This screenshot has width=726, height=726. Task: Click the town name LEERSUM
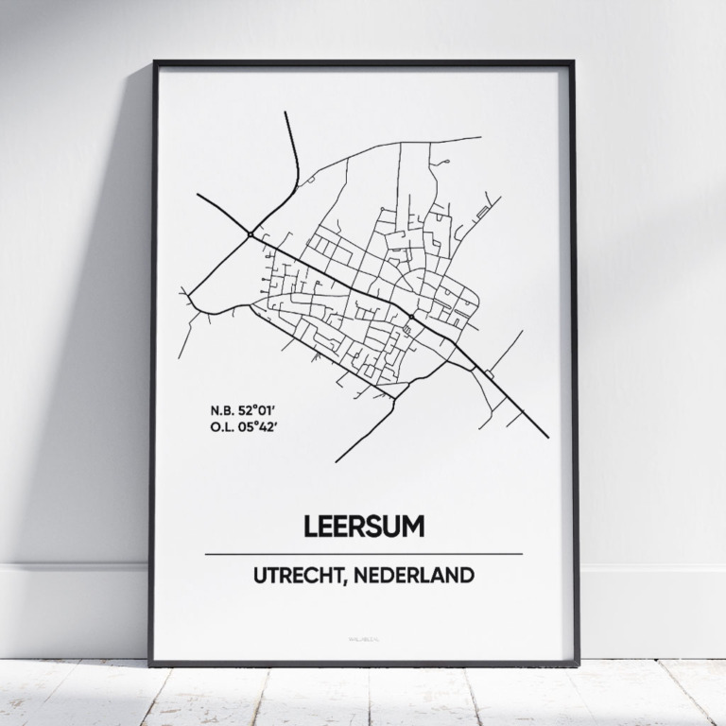[x=363, y=526]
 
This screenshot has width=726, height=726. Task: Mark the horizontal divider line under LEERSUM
[x=363, y=554]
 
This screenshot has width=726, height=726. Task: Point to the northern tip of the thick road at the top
[x=285, y=112]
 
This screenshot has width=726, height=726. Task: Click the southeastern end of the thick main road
[x=547, y=438]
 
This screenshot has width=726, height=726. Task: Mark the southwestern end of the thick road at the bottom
[x=336, y=461]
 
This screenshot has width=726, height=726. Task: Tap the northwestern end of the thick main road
[x=198, y=195]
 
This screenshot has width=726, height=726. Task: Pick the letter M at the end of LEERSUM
[x=412, y=526]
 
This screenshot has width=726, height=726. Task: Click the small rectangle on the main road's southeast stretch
[x=488, y=375]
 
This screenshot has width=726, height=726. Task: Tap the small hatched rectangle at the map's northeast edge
[x=482, y=213]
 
